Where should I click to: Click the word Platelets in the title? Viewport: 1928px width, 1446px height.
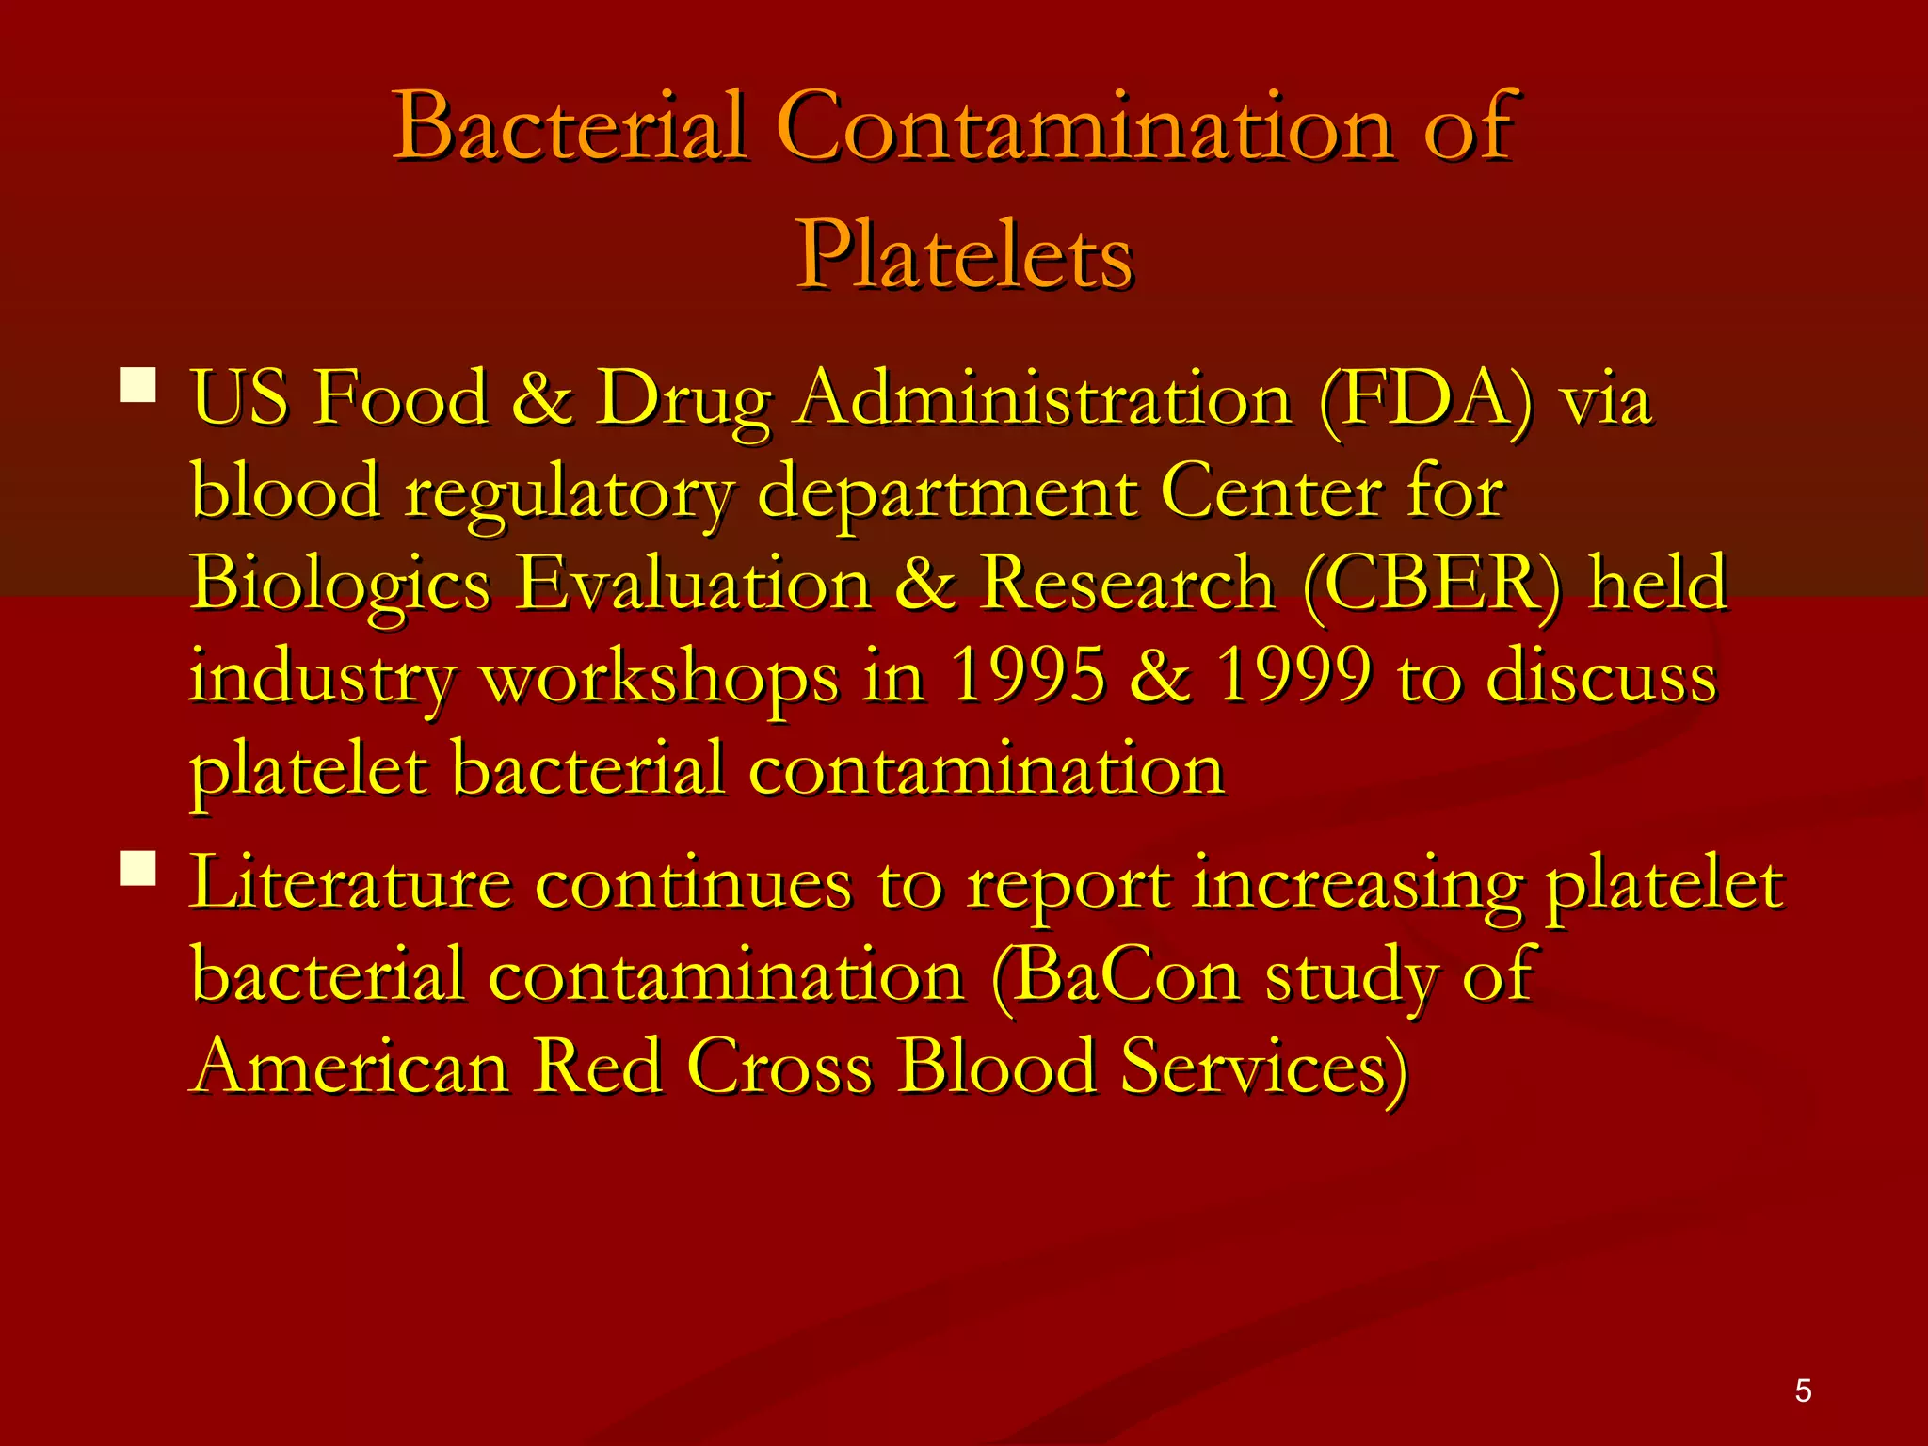(965, 255)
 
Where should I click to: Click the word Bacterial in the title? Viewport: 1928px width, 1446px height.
(570, 127)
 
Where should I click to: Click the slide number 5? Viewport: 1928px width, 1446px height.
(1803, 1390)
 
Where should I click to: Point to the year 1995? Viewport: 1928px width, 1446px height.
(1028, 676)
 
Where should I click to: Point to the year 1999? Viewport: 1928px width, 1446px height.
(1293, 676)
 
